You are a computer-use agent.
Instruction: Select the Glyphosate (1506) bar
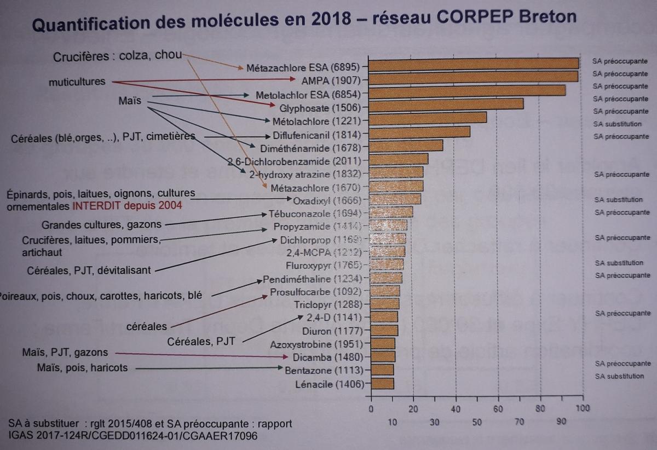click(447, 104)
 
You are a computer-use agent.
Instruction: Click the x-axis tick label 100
click(583, 408)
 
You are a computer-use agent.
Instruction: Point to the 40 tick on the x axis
click(456, 408)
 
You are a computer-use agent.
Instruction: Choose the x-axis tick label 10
click(393, 422)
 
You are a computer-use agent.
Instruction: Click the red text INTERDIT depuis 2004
click(126, 207)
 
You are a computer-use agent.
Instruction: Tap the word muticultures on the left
click(77, 82)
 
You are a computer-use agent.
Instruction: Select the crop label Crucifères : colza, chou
click(117, 56)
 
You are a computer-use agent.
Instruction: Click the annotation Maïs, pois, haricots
click(82, 368)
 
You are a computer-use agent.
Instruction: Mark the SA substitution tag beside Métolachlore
click(617, 124)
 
